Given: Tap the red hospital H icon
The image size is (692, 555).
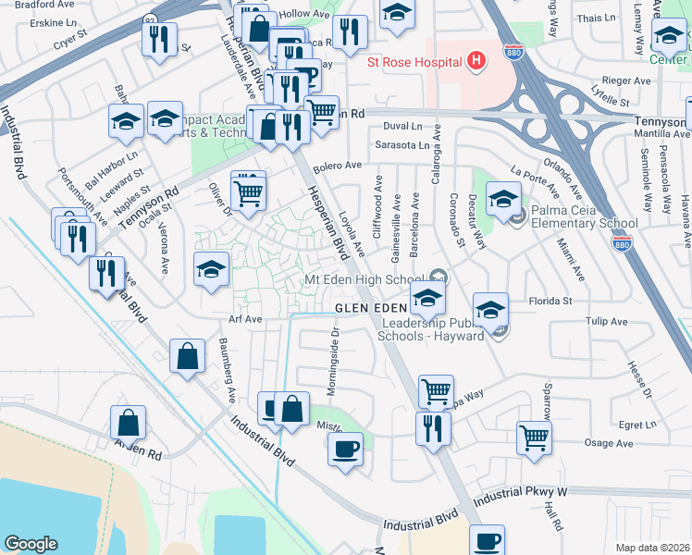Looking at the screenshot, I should (x=476, y=62).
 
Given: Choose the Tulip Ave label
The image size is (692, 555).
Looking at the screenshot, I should (x=606, y=322).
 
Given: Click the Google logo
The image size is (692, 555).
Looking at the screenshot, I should (x=31, y=544).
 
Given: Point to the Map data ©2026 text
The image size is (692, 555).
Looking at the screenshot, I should (x=652, y=547).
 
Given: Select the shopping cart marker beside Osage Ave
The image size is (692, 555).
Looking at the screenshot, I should (x=534, y=438).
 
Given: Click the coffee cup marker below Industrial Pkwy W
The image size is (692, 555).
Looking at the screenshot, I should (x=487, y=539).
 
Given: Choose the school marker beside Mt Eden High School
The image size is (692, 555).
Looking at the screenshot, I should (x=427, y=298).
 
